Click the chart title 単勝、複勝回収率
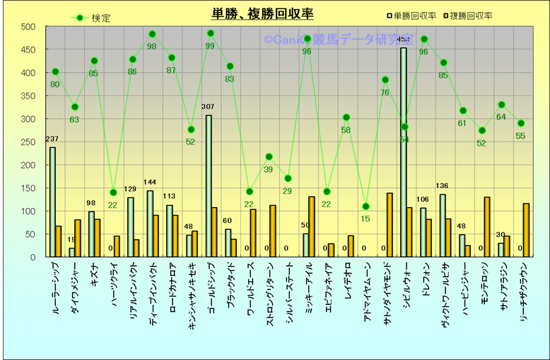[x=262, y=14]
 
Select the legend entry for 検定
[x=92, y=18]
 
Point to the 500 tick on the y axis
[x=28, y=27]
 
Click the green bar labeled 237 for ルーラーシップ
[x=52, y=202]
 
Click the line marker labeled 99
[x=211, y=33]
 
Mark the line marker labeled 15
[x=365, y=207]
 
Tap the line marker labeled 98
[x=152, y=34]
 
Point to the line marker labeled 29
[x=288, y=178]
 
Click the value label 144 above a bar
[x=150, y=183]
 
